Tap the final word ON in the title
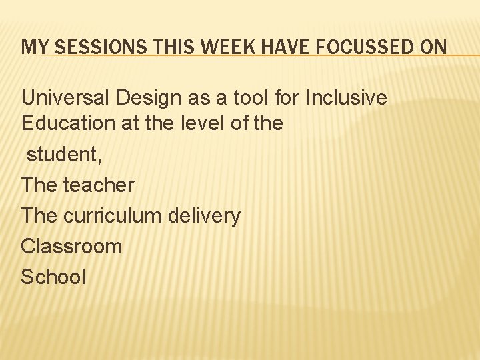(433, 47)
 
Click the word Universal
(65, 98)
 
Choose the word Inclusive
(346, 98)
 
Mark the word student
(61, 154)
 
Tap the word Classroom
(71, 246)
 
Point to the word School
(53, 277)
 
